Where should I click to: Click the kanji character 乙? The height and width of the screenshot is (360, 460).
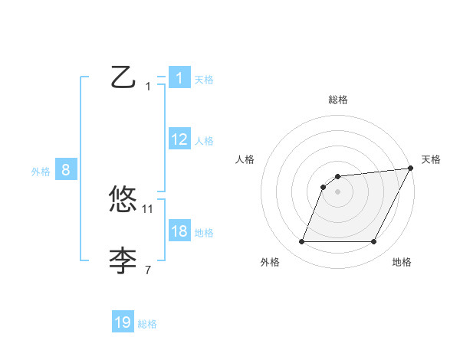tap(123, 78)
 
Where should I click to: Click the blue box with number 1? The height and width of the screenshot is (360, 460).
tap(179, 78)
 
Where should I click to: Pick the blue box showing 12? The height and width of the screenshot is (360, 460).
tap(179, 139)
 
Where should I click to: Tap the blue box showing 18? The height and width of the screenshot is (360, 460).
tap(179, 231)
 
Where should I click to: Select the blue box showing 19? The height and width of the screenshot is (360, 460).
tap(123, 322)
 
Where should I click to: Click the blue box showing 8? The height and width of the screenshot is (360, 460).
tap(66, 170)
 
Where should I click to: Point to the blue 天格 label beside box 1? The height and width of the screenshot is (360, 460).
tap(204, 79)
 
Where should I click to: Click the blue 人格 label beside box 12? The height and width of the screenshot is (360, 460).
tap(204, 140)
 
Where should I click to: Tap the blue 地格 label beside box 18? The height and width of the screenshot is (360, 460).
tap(204, 232)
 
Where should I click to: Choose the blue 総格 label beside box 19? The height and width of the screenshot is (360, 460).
tap(147, 323)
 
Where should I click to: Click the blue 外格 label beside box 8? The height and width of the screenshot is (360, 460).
tap(41, 172)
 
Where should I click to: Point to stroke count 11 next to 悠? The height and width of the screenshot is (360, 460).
tap(148, 208)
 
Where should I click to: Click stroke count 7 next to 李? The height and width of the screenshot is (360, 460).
tap(148, 270)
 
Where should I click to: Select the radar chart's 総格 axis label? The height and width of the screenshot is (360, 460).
tap(337, 100)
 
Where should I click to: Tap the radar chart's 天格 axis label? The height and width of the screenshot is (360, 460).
tap(431, 159)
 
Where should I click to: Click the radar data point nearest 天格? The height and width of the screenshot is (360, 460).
tap(410, 169)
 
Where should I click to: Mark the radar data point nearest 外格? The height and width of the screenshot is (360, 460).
tap(301, 242)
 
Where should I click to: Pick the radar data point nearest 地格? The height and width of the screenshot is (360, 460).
tap(373, 242)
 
